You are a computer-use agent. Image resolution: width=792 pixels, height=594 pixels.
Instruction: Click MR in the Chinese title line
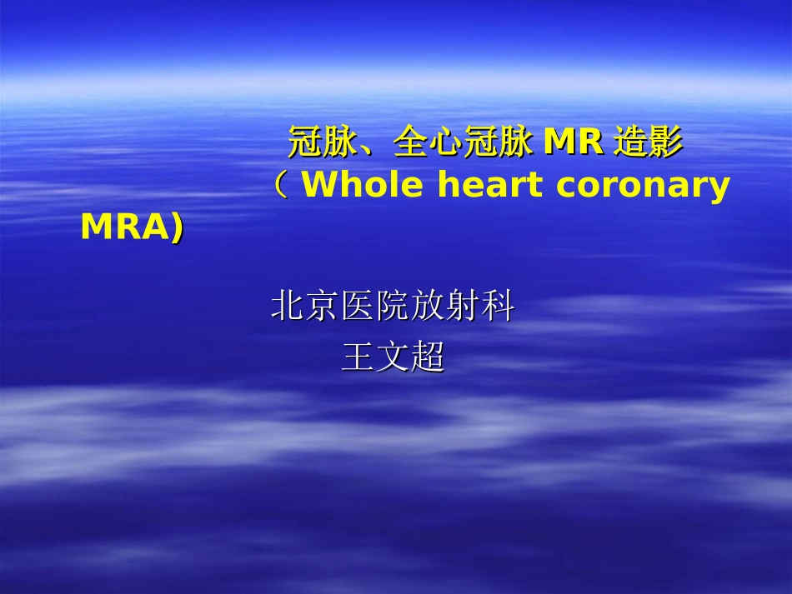pos(573,143)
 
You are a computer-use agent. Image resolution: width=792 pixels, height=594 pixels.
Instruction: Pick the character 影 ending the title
pos(666,143)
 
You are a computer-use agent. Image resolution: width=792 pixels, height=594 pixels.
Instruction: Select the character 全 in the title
pos(411,143)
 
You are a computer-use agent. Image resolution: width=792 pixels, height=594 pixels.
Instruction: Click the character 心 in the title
pos(446,143)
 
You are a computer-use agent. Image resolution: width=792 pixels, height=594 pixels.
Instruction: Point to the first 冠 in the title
pos(305,143)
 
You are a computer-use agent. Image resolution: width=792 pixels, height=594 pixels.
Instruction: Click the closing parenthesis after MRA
pos(177,227)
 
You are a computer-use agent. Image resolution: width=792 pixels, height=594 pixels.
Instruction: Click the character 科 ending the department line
pos(498,307)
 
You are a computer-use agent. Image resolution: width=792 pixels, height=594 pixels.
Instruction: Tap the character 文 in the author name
pos(393,357)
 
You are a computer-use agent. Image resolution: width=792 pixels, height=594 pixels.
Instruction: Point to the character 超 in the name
pos(428,357)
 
